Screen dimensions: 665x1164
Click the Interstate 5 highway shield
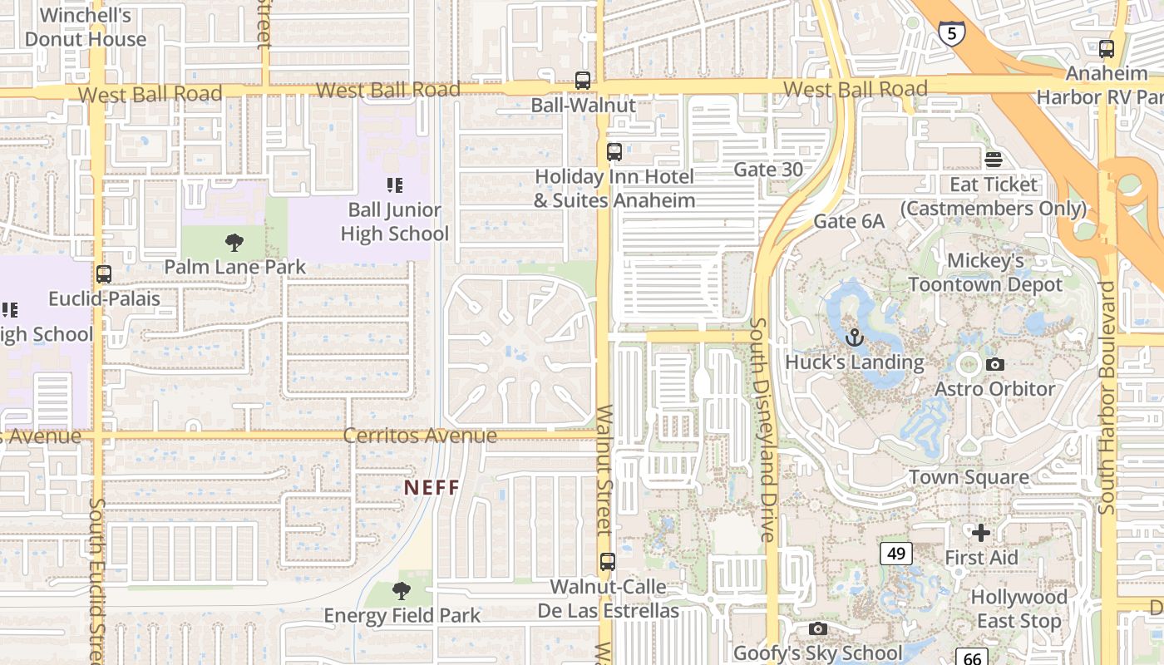pos(952,33)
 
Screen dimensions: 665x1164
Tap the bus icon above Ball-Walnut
pos(583,81)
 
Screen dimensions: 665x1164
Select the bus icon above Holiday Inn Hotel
pos(614,152)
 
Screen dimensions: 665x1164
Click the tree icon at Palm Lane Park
pos(234,243)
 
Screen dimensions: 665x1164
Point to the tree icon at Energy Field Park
pos(402,591)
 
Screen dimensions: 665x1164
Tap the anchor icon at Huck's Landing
pos(854,338)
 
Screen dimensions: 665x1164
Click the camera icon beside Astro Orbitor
pos(994,364)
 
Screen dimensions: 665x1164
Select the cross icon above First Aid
pos(981,532)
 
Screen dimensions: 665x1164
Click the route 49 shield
pos(896,553)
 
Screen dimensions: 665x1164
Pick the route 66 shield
pos(972,657)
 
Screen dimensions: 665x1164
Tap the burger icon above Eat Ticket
pos(994,160)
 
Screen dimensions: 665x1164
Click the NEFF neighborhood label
pos(432,487)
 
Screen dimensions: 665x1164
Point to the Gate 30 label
pos(768,170)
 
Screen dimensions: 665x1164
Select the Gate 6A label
pos(849,221)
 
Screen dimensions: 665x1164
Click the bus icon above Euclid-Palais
pos(104,274)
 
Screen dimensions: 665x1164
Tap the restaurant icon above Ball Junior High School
pos(394,185)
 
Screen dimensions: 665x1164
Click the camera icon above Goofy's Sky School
pos(818,628)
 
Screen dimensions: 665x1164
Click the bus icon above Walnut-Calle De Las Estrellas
pos(608,562)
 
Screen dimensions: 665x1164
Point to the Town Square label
pos(969,477)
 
